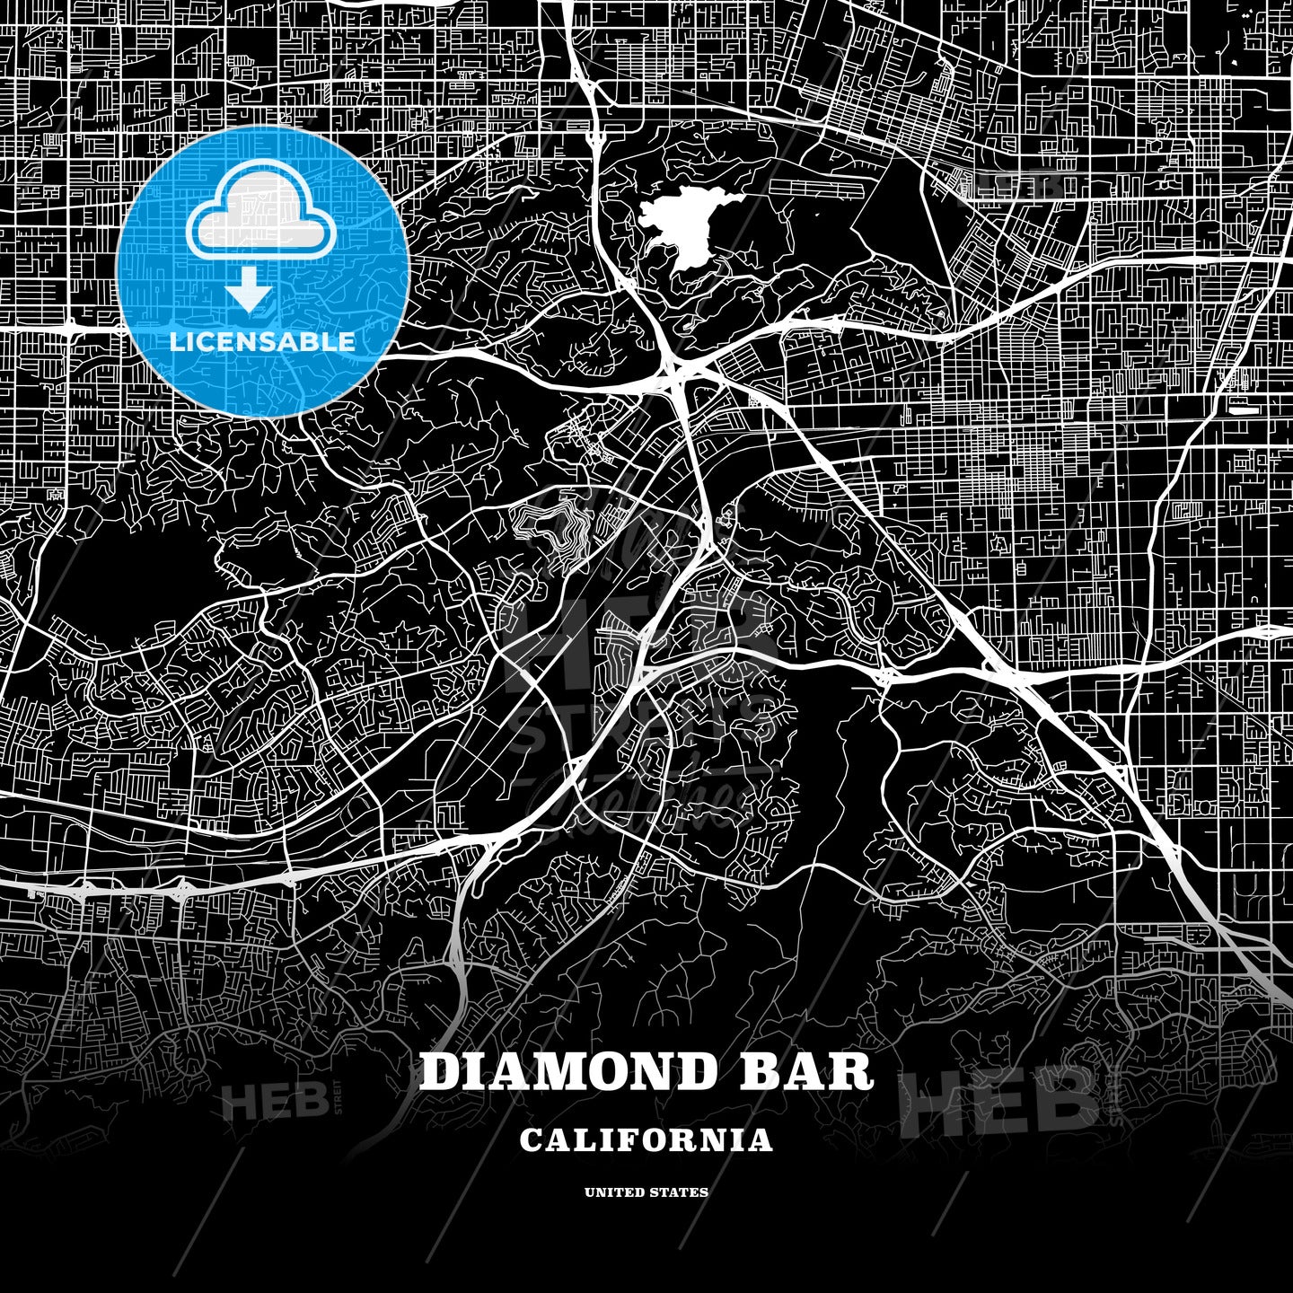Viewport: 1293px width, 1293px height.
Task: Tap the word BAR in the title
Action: coord(805,1071)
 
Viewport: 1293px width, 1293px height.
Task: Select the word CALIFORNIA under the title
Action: coord(646,1140)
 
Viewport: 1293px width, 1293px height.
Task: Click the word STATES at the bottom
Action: coord(679,1192)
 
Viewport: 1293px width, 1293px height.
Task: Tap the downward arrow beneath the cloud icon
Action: coord(249,290)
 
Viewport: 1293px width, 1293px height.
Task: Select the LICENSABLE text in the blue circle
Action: coord(262,341)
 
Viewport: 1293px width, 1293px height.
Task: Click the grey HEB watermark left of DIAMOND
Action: coord(265,1102)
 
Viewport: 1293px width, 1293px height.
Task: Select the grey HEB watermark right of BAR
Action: coord(997,1097)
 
